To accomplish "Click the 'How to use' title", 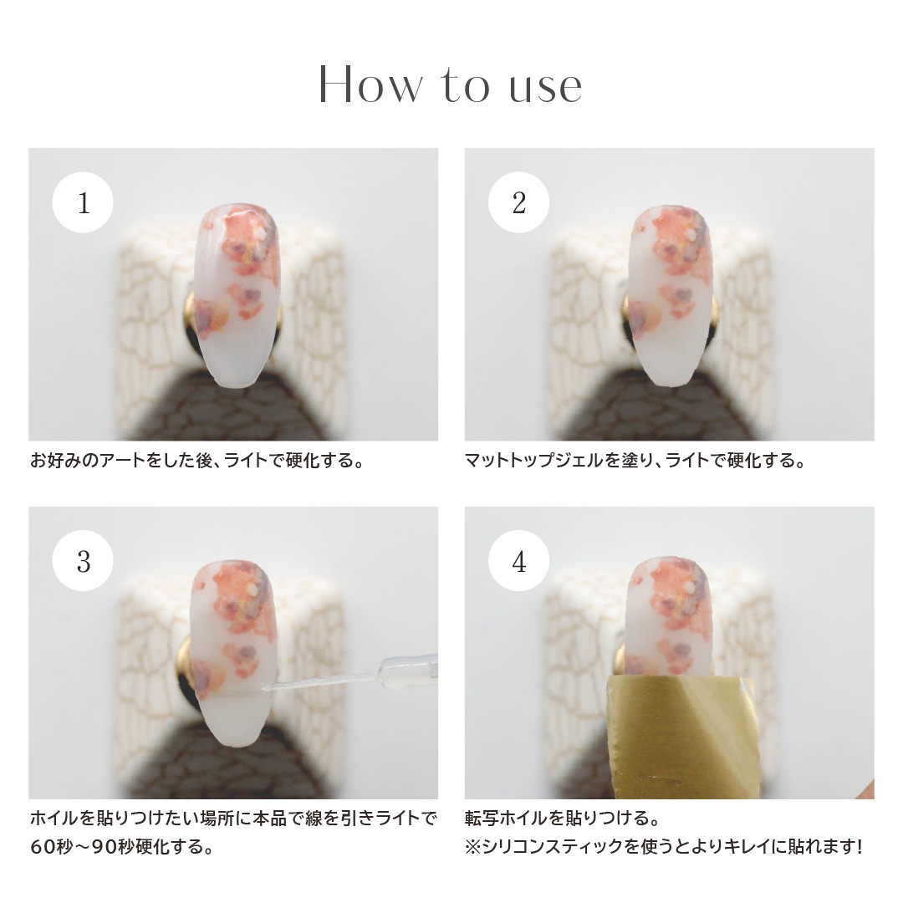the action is tap(451, 85).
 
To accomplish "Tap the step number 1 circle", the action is tap(83, 202).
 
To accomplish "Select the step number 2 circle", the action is tap(519, 202).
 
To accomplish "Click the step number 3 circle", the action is tap(83, 560).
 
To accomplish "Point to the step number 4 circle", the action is tap(519, 560).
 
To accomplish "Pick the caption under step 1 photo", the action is tap(197, 461).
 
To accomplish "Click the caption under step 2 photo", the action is tap(635, 461).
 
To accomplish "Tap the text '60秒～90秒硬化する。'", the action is tap(122, 847).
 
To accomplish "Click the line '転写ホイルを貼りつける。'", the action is tap(562, 818).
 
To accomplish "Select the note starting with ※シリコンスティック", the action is tap(663, 847).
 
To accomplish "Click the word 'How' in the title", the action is tap(370, 85).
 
